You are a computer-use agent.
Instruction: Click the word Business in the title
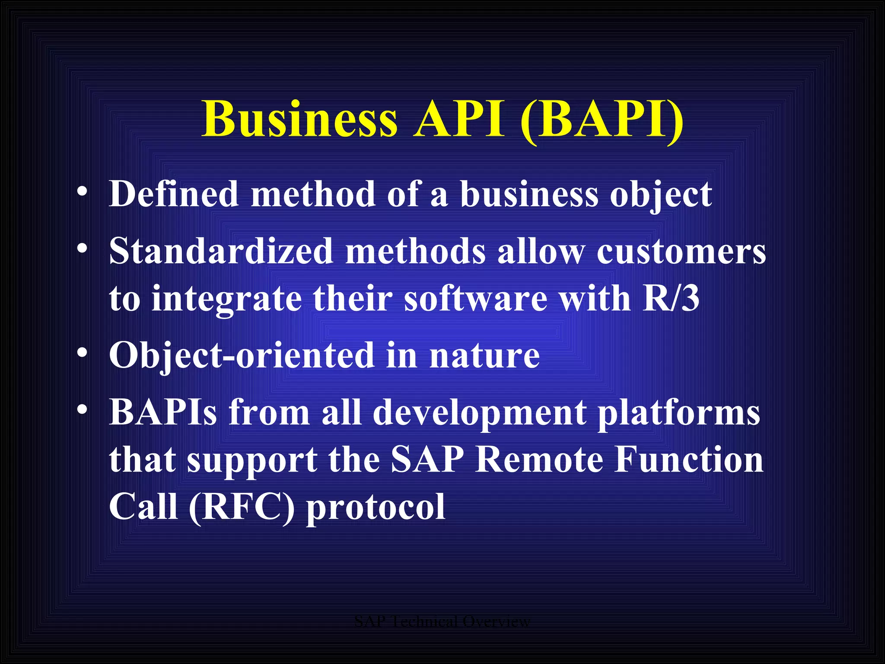click(x=299, y=119)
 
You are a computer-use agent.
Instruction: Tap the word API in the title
click(x=459, y=119)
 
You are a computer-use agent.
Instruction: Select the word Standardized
click(x=221, y=251)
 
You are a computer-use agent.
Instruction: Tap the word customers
click(x=681, y=251)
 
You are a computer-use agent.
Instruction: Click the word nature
click(x=484, y=356)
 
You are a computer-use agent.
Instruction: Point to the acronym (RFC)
click(x=242, y=508)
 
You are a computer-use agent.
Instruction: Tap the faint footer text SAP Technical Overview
click(x=442, y=622)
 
